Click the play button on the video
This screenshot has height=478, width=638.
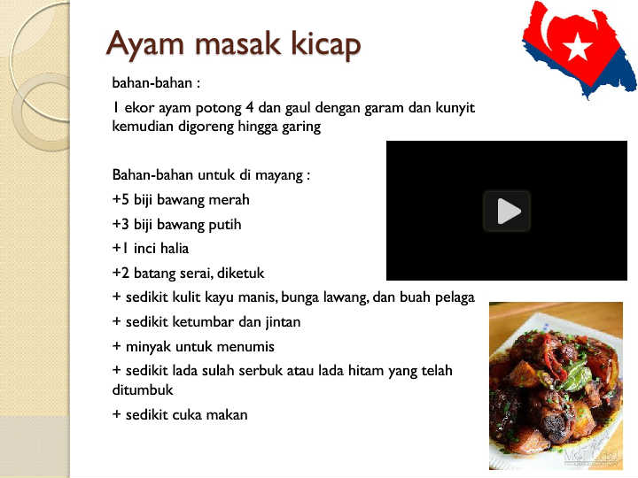tap(507, 211)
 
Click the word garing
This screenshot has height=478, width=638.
tap(301, 127)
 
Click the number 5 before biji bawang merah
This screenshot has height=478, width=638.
tap(125, 199)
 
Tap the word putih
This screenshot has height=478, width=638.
tap(224, 224)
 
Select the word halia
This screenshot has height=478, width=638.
tap(175, 249)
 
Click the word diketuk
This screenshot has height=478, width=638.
tap(240, 273)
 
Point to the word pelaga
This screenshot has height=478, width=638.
tap(455, 298)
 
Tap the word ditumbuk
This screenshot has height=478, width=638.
tap(143, 389)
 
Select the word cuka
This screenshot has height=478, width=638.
tap(187, 415)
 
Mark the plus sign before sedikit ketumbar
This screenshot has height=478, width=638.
tap(117, 322)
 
